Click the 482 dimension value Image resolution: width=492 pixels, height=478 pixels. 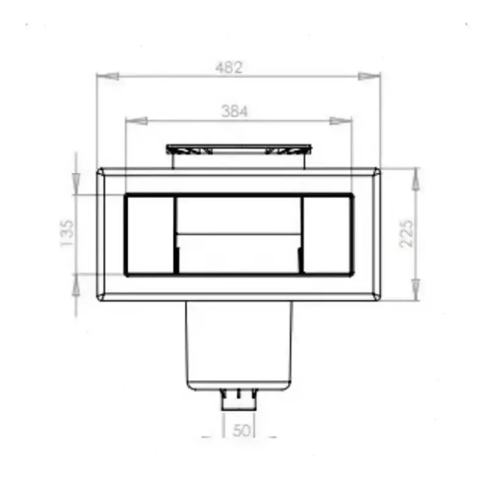pos(229,67)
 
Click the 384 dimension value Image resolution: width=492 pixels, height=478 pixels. pos(234,111)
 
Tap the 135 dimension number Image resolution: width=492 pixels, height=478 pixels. pos(67,233)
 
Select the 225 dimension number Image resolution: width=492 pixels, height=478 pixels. pos(407,234)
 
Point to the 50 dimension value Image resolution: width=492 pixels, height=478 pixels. pos(242,430)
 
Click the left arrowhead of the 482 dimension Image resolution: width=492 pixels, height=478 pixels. pos(108,76)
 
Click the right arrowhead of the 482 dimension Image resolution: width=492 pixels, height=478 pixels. pos(369,76)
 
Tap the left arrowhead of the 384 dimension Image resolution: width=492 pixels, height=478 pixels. pos(136,121)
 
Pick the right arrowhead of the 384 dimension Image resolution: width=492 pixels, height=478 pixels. pos(341,121)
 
